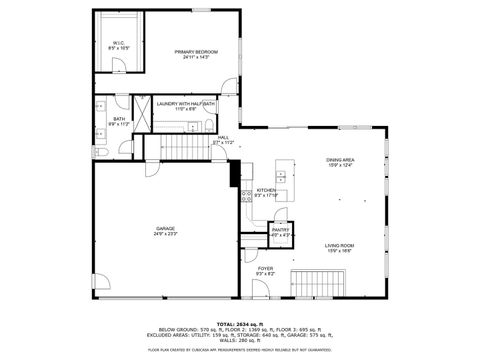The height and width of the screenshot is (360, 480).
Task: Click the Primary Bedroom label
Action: pos(196,54)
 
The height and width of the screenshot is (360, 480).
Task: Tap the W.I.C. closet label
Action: pos(119,45)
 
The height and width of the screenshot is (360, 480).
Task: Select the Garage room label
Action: pos(165,231)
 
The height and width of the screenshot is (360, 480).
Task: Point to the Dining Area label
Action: pos(339,162)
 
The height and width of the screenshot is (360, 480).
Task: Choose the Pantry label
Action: pos(281,232)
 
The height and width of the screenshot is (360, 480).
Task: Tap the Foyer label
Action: pos(265,271)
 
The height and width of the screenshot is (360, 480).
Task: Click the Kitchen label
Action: pos(265,192)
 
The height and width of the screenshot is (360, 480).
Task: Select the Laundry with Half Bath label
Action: pos(185,104)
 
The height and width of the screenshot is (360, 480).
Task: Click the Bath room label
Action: pos(118,121)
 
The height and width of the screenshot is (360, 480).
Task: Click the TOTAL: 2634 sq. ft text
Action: pos(240,323)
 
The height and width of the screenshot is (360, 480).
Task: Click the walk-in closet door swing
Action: pos(118,66)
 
